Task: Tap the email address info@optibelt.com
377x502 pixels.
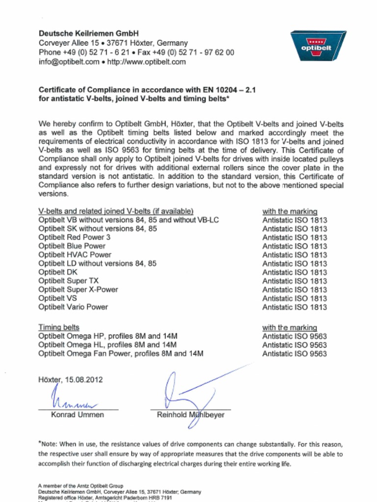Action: point(69,62)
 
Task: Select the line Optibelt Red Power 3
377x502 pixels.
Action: point(74,237)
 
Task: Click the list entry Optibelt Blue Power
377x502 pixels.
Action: point(72,246)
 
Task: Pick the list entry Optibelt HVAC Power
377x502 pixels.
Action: point(75,255)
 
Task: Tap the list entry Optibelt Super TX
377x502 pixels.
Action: point(68,281)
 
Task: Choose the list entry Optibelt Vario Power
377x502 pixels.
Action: point(73,307)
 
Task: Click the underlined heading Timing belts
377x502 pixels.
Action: point(58,327)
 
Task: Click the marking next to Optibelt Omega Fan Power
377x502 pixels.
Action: point(294,354)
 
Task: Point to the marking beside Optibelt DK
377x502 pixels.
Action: point(294,273)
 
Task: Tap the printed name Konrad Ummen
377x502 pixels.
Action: point(78,415)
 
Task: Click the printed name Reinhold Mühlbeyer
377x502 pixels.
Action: point(190,415)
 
